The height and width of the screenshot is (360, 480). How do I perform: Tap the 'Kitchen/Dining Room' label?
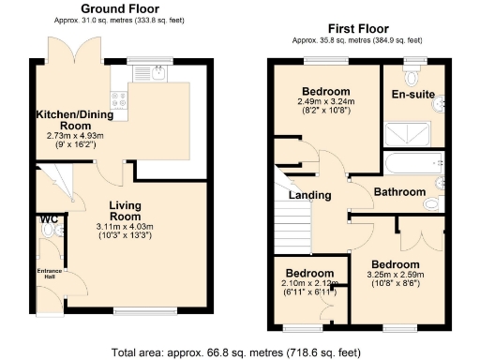(71, 119)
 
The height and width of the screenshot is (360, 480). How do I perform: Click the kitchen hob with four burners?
(120, 96)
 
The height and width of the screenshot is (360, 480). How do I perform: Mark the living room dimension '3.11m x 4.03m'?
(124, 226)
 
